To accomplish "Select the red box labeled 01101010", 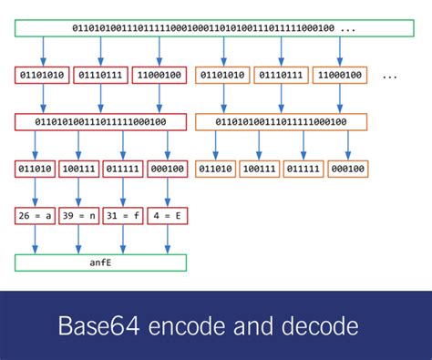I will tap(41, 75).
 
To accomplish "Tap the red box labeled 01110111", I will tap(100, 75).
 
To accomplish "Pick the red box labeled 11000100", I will tap(158, 75).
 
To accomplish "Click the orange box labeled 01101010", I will tap(222, 75).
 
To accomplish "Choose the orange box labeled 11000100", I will tap(339, 75).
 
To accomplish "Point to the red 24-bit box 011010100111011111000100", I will tap(100, 121).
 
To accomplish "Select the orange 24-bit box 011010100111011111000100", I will tap(281, 121).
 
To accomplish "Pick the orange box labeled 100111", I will tap(260, 169).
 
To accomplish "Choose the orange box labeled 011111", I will tap(303, 169).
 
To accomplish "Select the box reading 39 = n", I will tap(79, 216).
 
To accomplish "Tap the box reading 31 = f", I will tap(123, 216).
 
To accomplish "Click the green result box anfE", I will tap(100, 262).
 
